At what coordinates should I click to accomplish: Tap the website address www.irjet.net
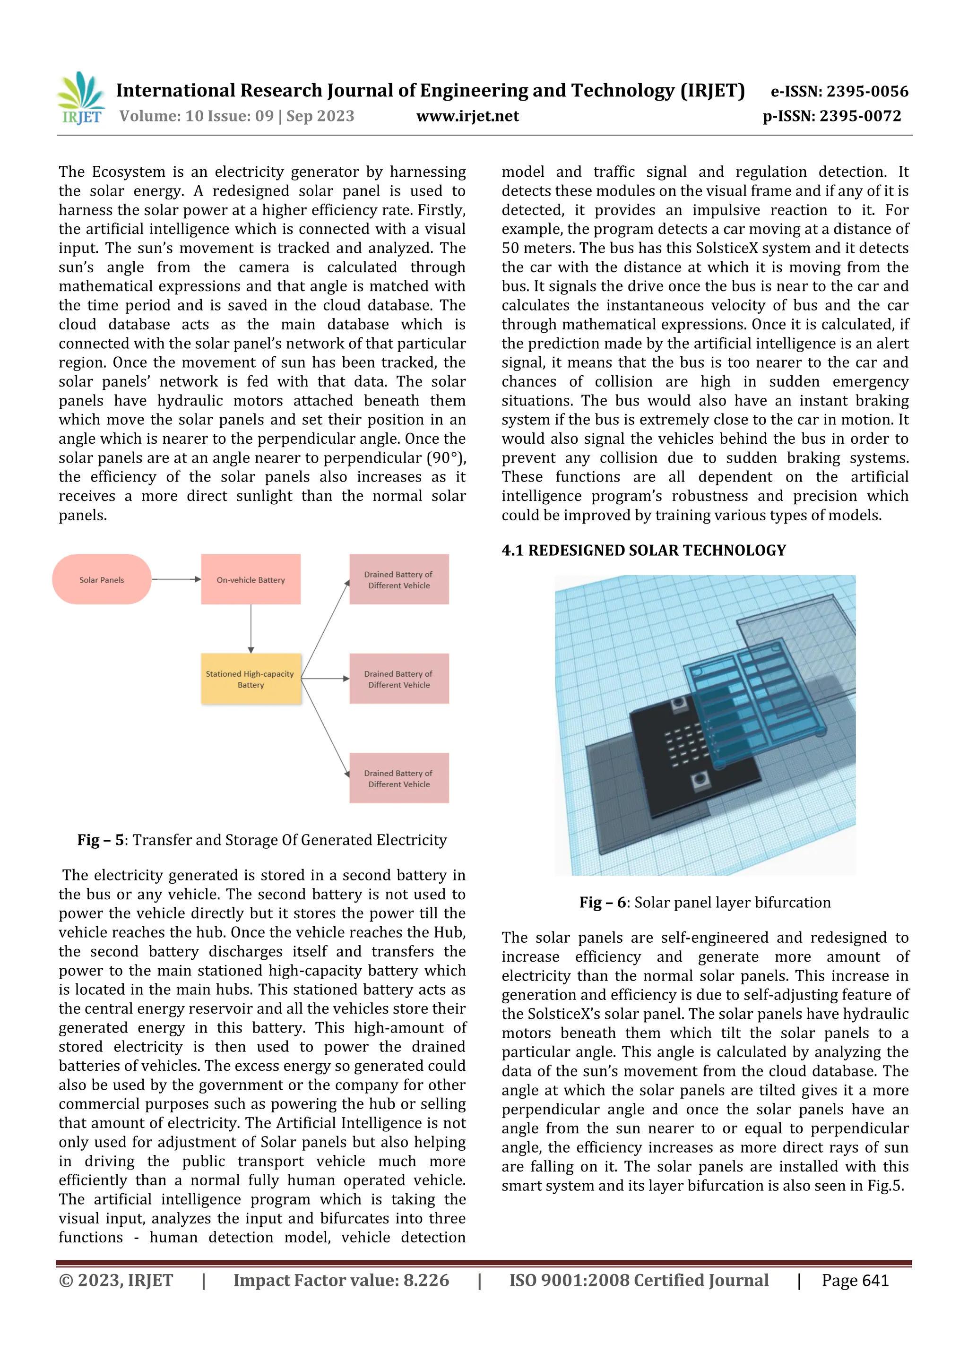[467, 116]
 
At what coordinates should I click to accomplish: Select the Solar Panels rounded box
[102, 579]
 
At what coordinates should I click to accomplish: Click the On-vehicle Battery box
[251, 579]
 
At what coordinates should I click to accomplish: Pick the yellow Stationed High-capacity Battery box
[251, 679]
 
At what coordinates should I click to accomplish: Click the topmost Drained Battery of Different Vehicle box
[399, 579]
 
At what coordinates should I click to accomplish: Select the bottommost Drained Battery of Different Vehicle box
[399, 778]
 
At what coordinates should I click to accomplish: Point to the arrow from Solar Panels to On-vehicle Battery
[176, 579]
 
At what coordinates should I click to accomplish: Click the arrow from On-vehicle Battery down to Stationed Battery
[251, 629]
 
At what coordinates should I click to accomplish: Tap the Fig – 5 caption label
[101, 840]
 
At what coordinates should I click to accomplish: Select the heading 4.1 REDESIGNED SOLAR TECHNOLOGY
[644, 551]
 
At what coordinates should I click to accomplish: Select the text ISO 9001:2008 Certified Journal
[638, 1280]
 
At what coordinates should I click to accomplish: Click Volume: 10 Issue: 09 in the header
[197, 116]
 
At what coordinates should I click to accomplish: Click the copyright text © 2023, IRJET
[116, 1280]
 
